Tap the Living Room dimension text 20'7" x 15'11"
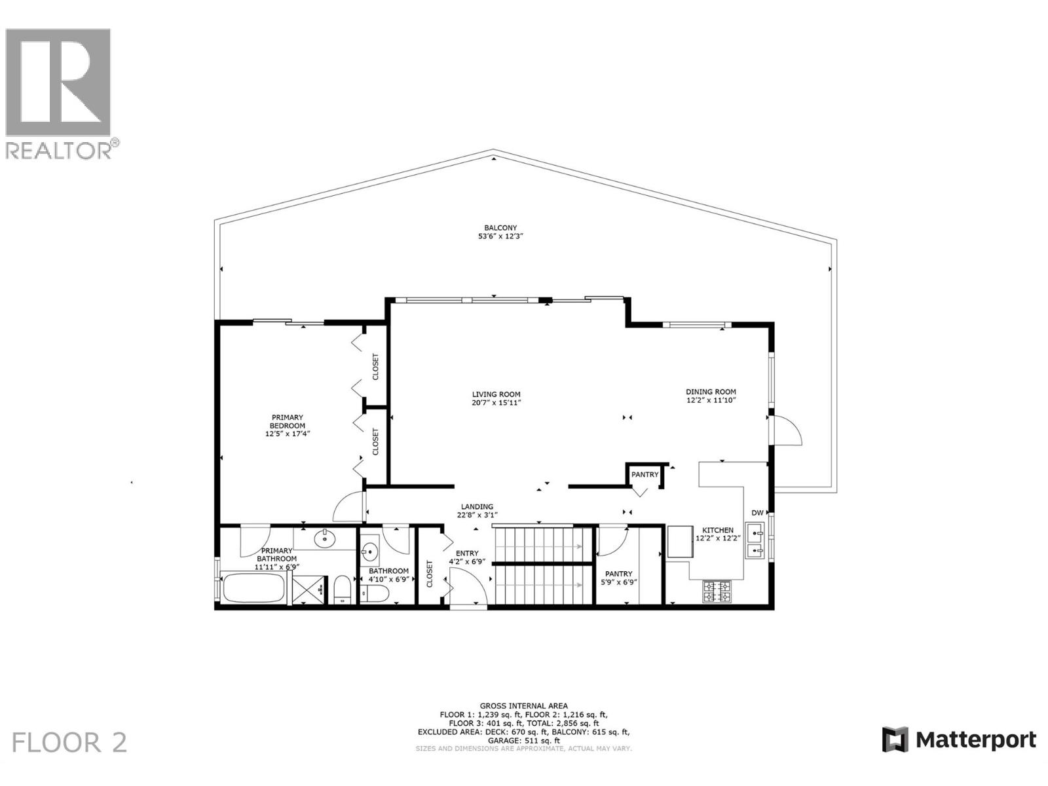pos(496,403)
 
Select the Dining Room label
pos(711,392)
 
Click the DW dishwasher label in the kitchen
pos(757,513)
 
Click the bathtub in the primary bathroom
pos(253,589)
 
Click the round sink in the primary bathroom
pos(324,540)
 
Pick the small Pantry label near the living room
pos(645,474)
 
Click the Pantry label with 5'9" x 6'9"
pos(618,578)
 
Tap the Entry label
pos(467,553)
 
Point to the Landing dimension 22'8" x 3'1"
pos(477,515)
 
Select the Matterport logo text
pos(975,740)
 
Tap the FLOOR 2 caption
pos(69,743)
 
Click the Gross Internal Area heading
pos(523,706)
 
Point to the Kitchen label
pos(718,530)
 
